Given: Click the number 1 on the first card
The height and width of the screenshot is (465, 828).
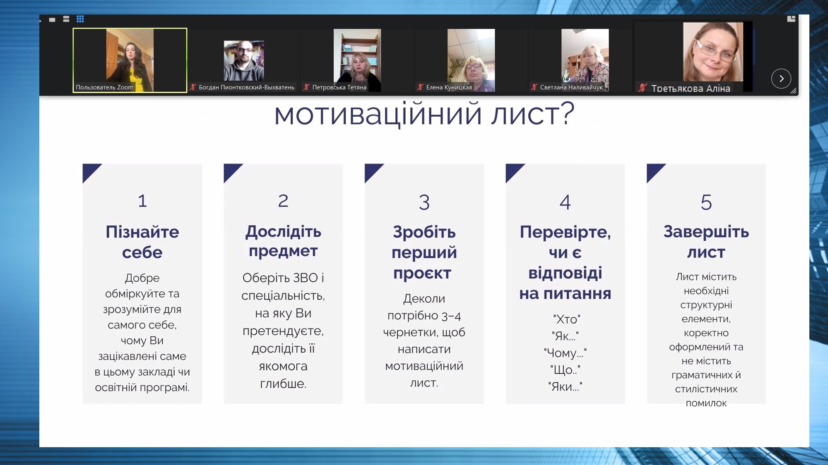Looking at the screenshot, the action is pyautogui.click(x=142, y=201).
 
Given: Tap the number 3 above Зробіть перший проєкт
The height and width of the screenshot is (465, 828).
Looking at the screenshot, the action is pyautogui.click(x=424, y=202).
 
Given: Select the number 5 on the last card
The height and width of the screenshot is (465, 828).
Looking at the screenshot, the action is pyautogui.click(x=706, y=202).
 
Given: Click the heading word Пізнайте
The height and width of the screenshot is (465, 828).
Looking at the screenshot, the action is pyautogui.click(x=142, y=232).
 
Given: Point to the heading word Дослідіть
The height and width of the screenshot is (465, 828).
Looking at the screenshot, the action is pyautogui.click(x=283, y=232).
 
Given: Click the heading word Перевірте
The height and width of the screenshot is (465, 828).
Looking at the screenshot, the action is pyautogui.click(x=565, y=232).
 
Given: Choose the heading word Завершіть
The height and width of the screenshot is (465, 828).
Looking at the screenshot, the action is pyautogui.click(x=706, y=232).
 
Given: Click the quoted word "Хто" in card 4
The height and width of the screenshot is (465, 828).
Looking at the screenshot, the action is pyautogui.click(x=566, y=319).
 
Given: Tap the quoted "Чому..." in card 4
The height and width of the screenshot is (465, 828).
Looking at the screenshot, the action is pyautogui.click(x=565, y=353).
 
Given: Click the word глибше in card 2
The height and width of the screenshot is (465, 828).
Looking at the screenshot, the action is pyautogui.click(x=283, y=384).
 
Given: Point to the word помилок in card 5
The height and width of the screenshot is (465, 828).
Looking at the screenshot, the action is pyautogui.click(x=706, y=403).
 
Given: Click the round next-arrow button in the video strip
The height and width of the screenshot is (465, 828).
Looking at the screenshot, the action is pyautogui.click(x=781, y=79).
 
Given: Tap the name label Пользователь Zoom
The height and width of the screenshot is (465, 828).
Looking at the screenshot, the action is pyautogui.click(x=105, y=87).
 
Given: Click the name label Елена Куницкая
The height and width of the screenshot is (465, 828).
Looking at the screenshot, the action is pyautogui.click(x=449, y=87).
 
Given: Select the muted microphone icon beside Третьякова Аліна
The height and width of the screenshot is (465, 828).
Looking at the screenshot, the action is pyautogui.click(x=643, y=88).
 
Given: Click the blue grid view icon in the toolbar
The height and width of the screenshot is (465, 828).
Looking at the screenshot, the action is pyautogui.click(x=80, y=19).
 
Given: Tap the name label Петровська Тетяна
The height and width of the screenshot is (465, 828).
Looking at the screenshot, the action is pyautogui.click(x=339, y=87).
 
